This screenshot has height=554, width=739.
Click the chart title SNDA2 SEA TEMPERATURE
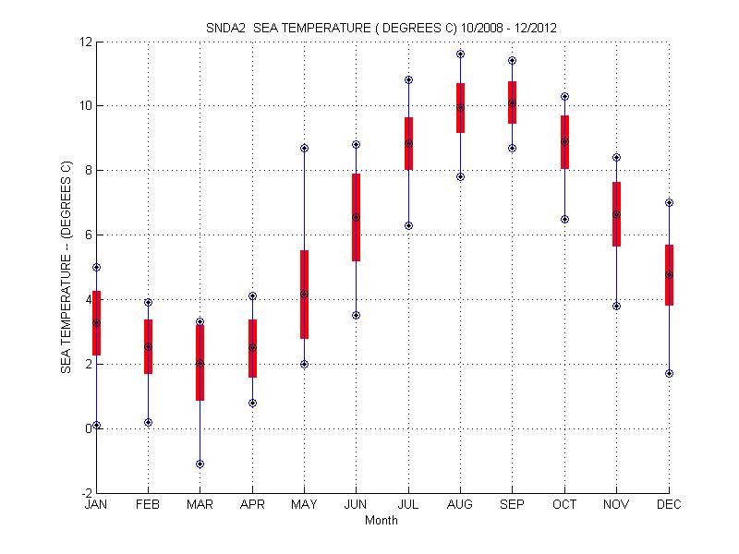coord(380,28)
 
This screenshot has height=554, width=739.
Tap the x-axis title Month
coord(382,521)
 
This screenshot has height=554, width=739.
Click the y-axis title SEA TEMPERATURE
coord(67,268)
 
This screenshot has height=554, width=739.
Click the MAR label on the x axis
coord(200,505)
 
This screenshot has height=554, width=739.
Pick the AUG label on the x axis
coord(460,505)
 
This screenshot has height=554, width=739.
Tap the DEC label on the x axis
coord(669,505)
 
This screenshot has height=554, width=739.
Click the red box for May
coord(304,295)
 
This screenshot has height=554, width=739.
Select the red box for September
coord(512,102)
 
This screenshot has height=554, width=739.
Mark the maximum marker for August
coord(460,54)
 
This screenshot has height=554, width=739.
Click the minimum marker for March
coord(200,464)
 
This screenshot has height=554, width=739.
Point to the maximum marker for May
coord(304,148)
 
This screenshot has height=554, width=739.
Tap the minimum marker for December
coord(669,373)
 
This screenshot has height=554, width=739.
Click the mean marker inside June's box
coord(356,217)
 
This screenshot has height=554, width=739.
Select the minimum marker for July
coord(408,225)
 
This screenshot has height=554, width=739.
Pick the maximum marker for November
coord(616,157)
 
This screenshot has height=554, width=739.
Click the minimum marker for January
coord(96,425)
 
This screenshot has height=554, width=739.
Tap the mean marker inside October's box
coord(564,141)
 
